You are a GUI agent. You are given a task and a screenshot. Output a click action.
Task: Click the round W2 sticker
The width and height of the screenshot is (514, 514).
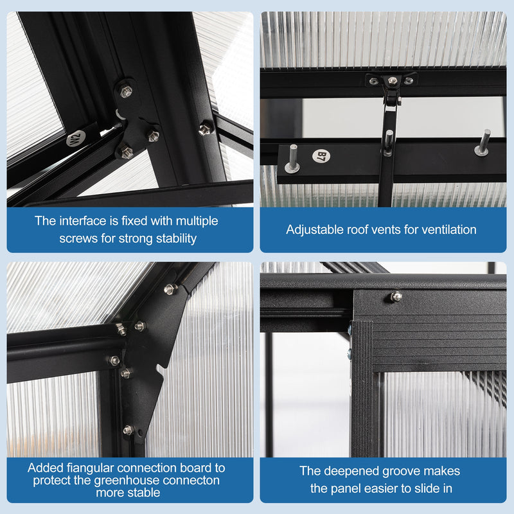(x=76, y=138)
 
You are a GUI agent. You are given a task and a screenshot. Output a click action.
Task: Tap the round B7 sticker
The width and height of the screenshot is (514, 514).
(x=321, y=156)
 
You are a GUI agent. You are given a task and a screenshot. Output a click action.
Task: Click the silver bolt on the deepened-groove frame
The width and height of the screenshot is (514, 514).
(x=396, y=297)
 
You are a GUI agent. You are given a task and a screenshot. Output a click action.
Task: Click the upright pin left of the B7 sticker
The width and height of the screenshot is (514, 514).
(x=292, y=159)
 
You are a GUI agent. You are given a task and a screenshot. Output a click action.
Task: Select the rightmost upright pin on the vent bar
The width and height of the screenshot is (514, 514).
(x=484, y=143)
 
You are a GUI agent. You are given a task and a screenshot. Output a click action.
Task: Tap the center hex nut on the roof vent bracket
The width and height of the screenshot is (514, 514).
(x=393, y=80)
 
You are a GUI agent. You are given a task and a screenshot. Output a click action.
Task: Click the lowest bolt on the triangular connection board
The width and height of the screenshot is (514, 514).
(x=128, y=430)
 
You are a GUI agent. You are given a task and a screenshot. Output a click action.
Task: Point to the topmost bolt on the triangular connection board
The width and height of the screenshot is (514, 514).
(x=170, y=289)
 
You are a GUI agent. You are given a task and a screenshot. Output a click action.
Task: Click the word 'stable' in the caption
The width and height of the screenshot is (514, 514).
(x=145, y=492)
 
